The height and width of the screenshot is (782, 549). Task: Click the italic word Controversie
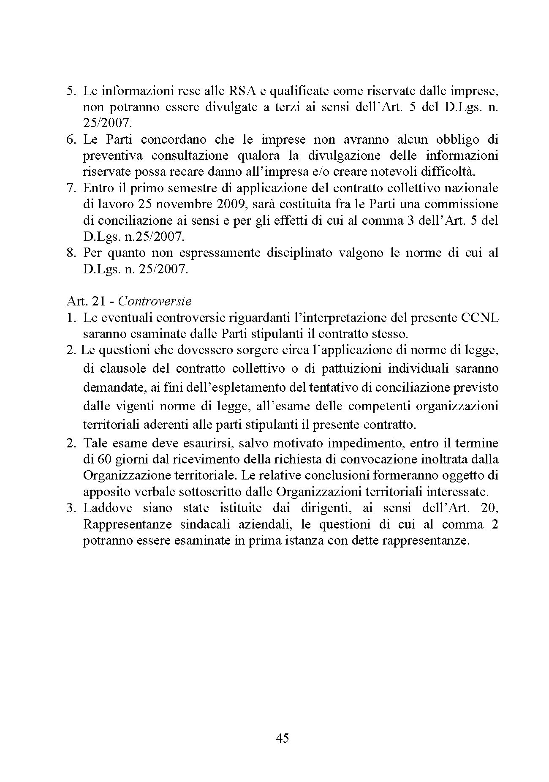[x=155, y=301]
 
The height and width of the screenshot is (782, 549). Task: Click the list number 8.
[x=71, y=253]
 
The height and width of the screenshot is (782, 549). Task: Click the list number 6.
[x=71, y=139]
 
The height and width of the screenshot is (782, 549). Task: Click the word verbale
[x=151, y=491]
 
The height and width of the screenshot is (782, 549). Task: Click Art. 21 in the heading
[x=87, y=301]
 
